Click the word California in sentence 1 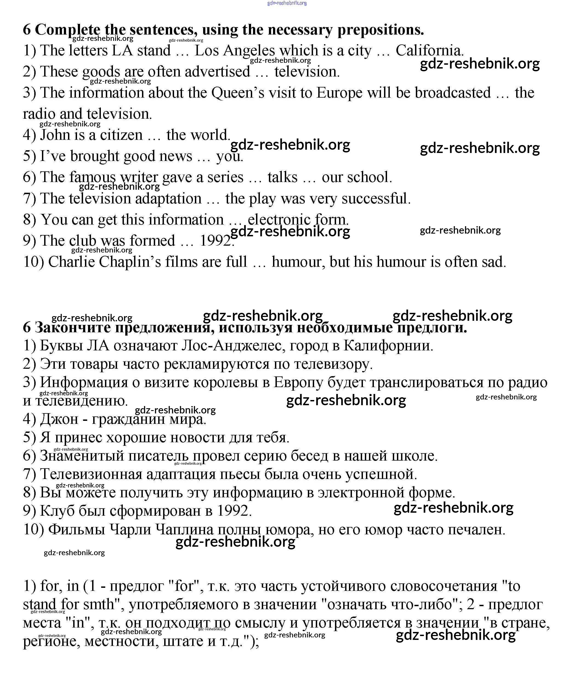[430, 51]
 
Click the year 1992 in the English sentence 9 [215, 241]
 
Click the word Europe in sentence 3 [339, 93]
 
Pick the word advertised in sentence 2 [217, 72]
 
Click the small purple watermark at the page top [287, 3]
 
